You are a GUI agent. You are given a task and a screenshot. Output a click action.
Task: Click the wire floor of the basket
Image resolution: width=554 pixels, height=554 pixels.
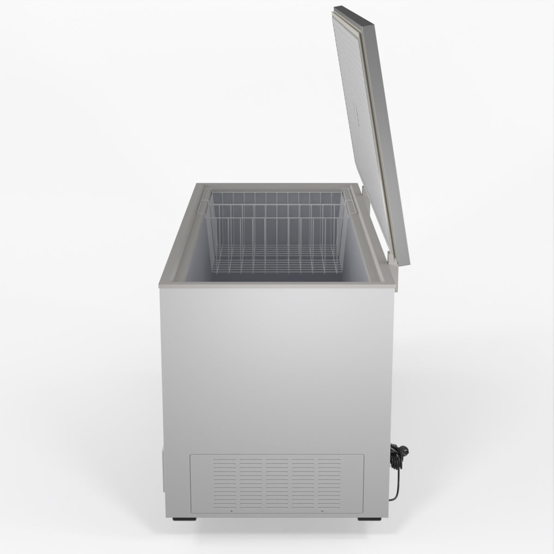point(277,263)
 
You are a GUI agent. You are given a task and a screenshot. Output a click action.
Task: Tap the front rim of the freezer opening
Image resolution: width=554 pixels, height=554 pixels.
point(277,286)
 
